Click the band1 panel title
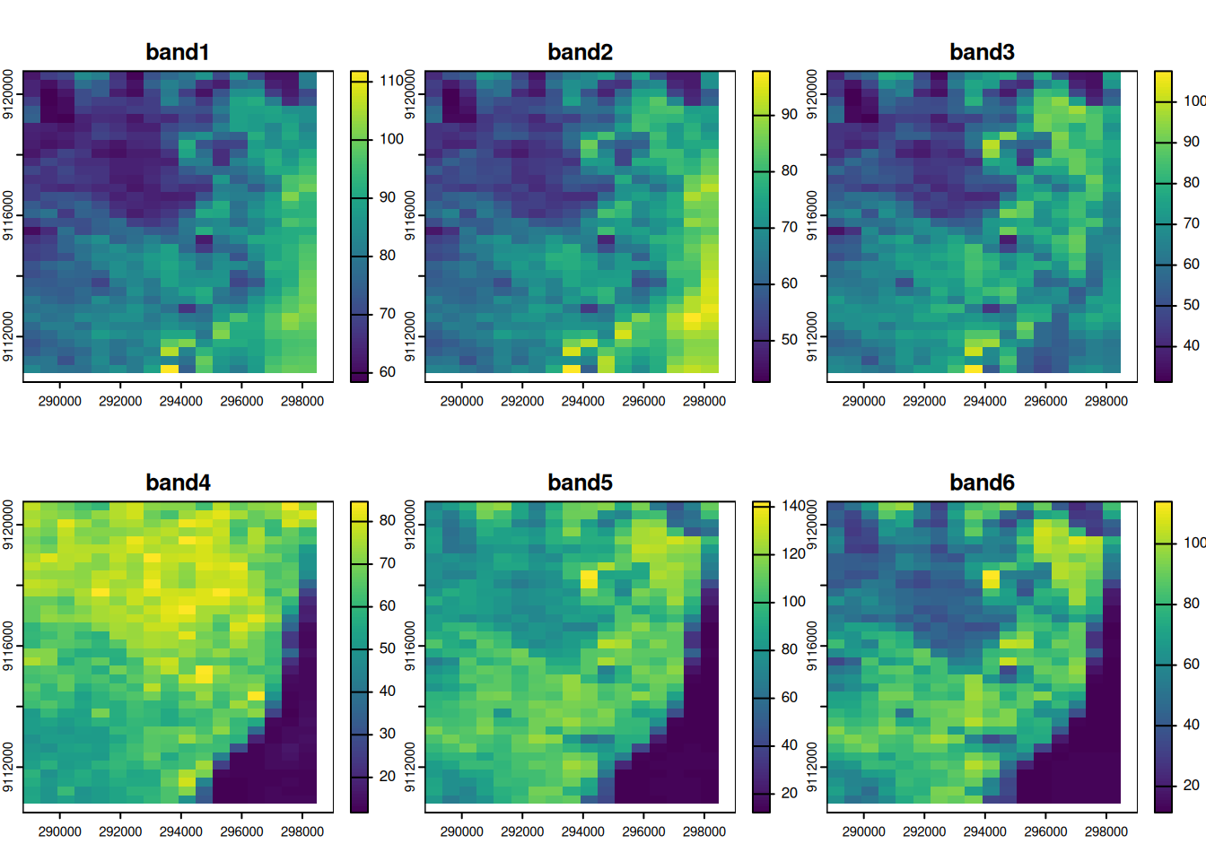click(178, 52)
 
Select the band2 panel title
click(580, 52)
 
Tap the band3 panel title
click(982, 52)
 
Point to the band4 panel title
click(178, 483)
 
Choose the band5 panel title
click(580, 483)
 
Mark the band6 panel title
click(982, 483)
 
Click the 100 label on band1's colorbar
click(391, 139)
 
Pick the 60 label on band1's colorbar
click(387, 372)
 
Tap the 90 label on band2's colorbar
click(789, 114)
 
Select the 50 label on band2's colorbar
click(789, 340)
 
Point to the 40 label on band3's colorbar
click(1191, 345)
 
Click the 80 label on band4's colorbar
click(387, 520)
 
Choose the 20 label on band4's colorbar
click(387, 777)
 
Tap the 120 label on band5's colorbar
click(793, 554)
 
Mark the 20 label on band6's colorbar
click(1191, 785)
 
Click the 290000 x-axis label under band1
click(59, 401)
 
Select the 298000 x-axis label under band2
click(703, 401)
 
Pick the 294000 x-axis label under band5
click(582, 831)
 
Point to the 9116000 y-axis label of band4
click(8, 646)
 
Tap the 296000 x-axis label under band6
click(1045, 831)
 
